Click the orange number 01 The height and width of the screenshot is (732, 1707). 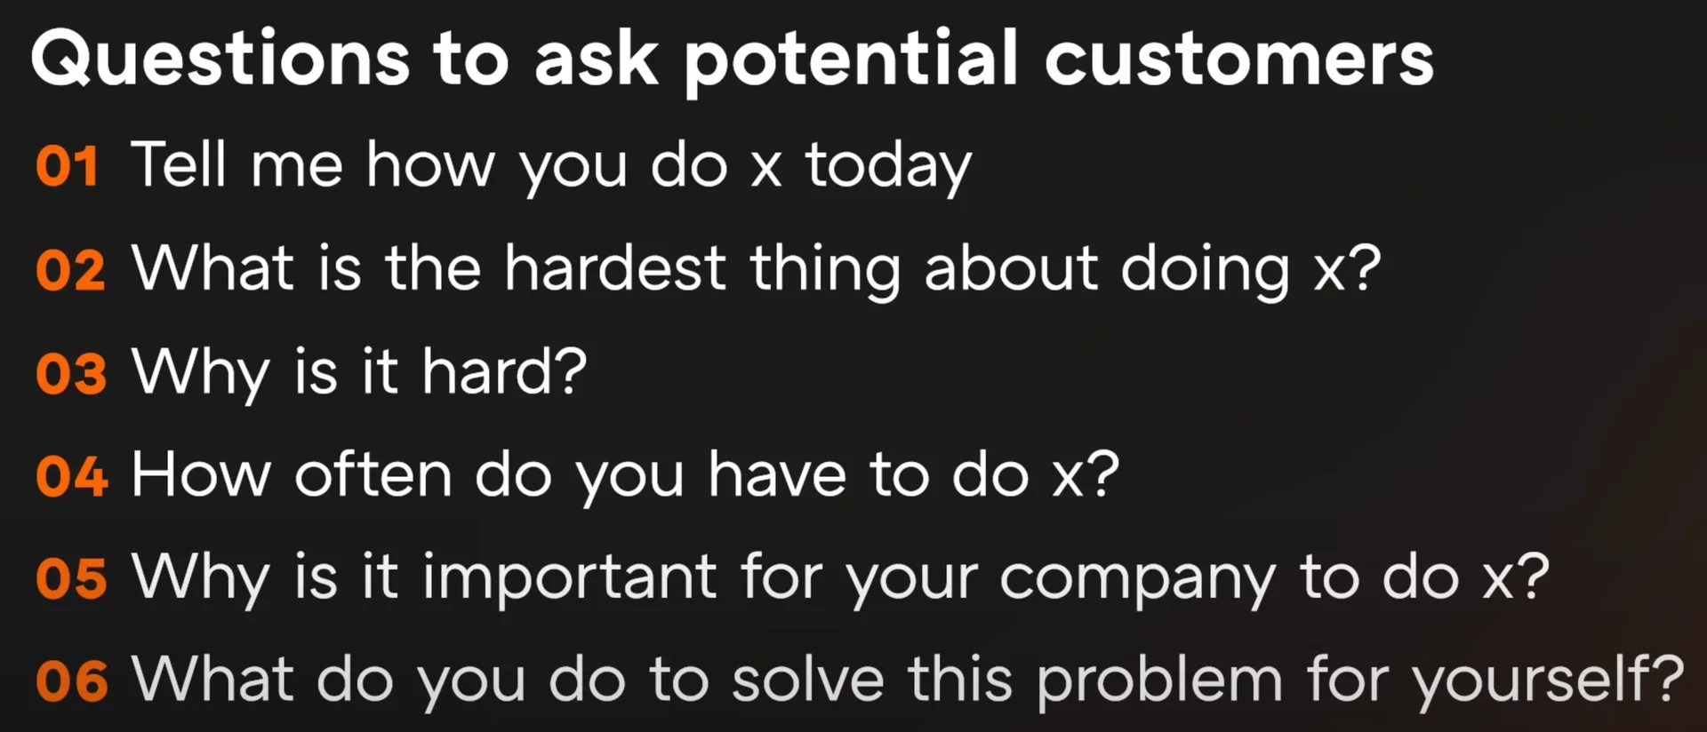(68, 167)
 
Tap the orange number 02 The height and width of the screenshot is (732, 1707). (70, 270)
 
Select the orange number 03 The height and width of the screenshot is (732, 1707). (71, 373)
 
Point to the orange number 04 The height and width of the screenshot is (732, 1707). (72, 476)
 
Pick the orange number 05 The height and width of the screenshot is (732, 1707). (71, 579)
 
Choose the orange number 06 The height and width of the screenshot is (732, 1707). (72, 682)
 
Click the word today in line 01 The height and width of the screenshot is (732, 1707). (888, 167)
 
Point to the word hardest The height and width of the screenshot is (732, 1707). (615, 268)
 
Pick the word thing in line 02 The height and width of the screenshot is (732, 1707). (825, 270)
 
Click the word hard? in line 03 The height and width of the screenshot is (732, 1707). (504, 371)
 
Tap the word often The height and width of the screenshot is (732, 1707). (373, 473)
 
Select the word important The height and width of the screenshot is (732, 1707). (569, 579)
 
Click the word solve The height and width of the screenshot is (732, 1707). (808, 680)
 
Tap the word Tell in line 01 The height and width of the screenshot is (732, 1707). (179, 164)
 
